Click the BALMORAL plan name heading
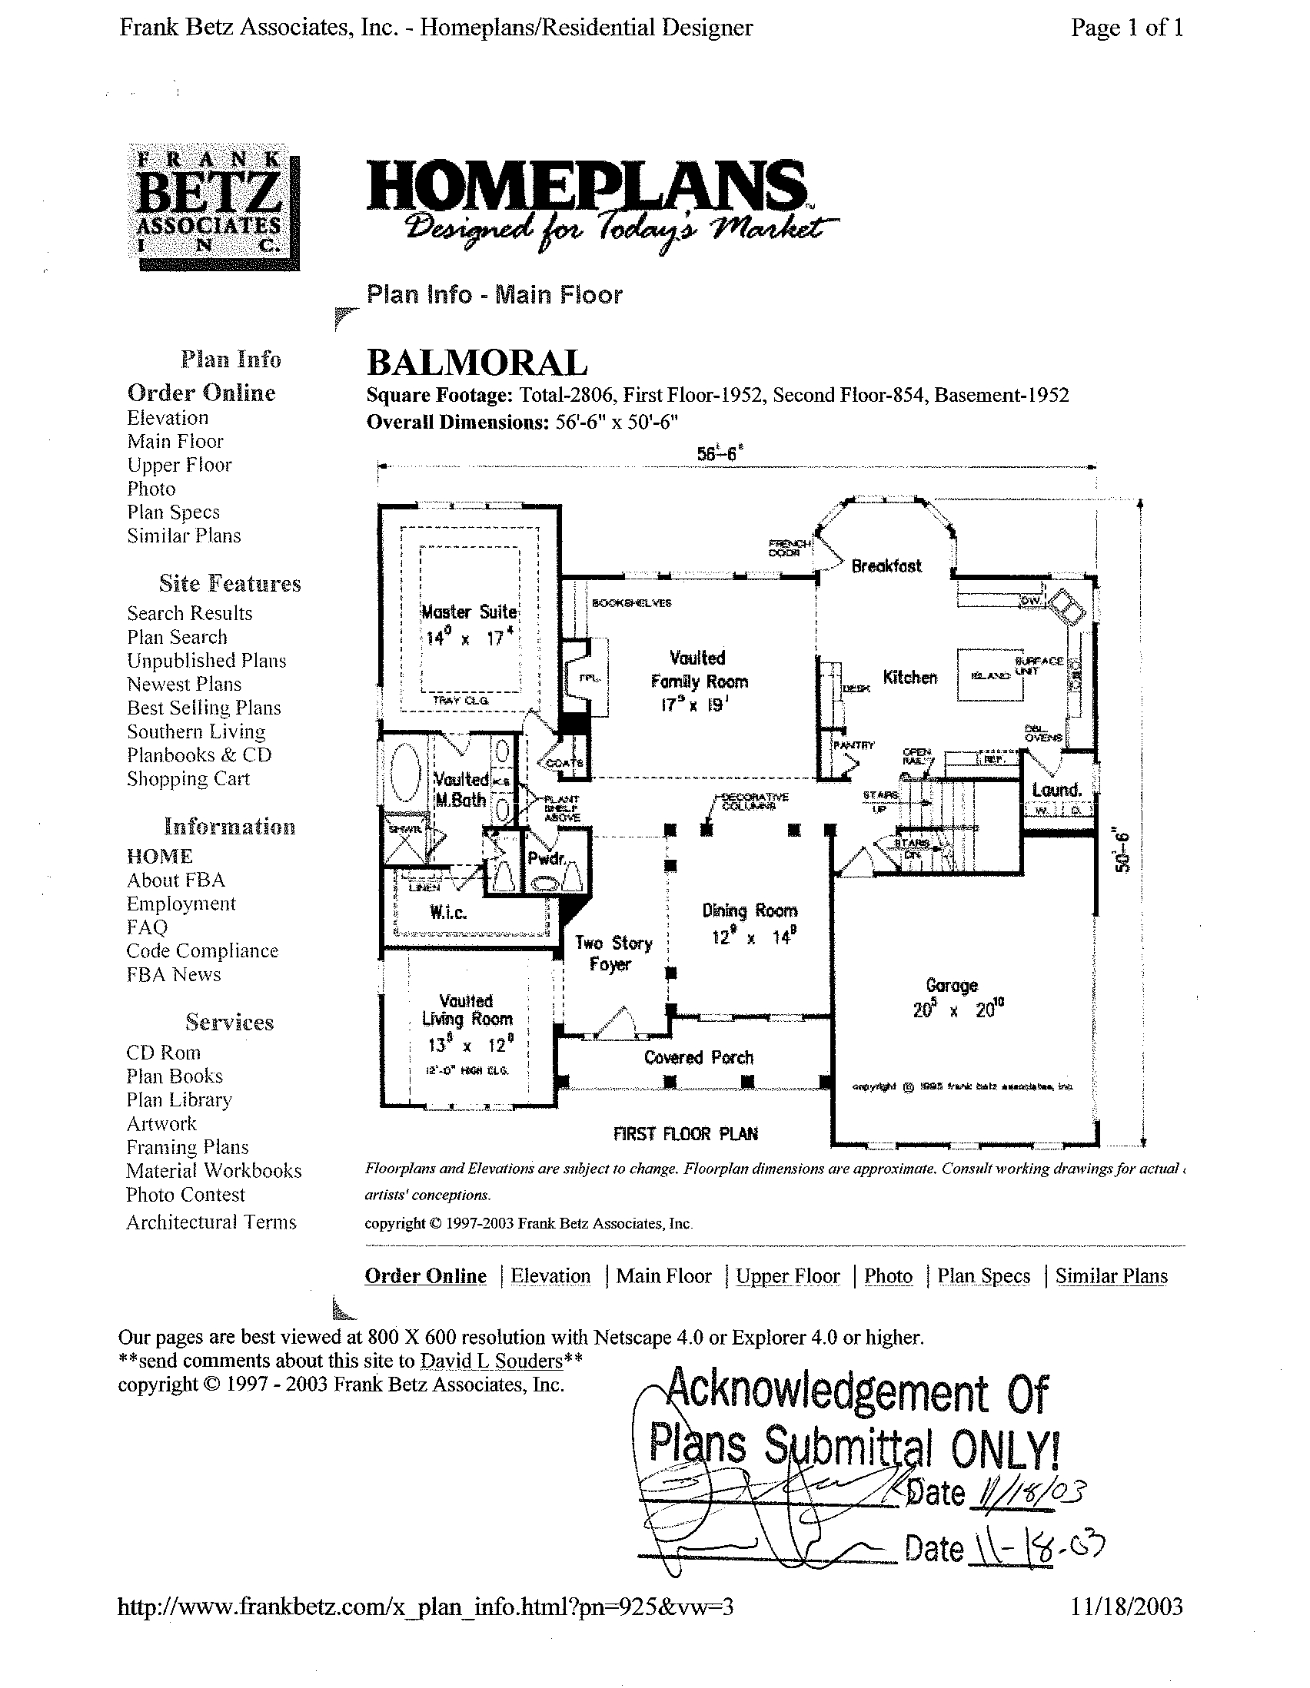(x=477, y=363)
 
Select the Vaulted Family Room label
(x=698, y=670)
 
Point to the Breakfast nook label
(x=886, y=565)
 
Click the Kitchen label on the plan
(x=910, y=678)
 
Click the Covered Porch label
(x=698, y=1057)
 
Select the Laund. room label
(x=1056, y=790)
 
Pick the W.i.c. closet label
(x=448, y=913)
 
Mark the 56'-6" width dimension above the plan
(x=720, y=455)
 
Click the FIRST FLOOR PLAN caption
(x=685, y=1134)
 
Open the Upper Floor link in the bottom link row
(x=787, y=1276)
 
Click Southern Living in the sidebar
(x=196, y=731)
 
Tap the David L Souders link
(x=490, y=1360)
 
